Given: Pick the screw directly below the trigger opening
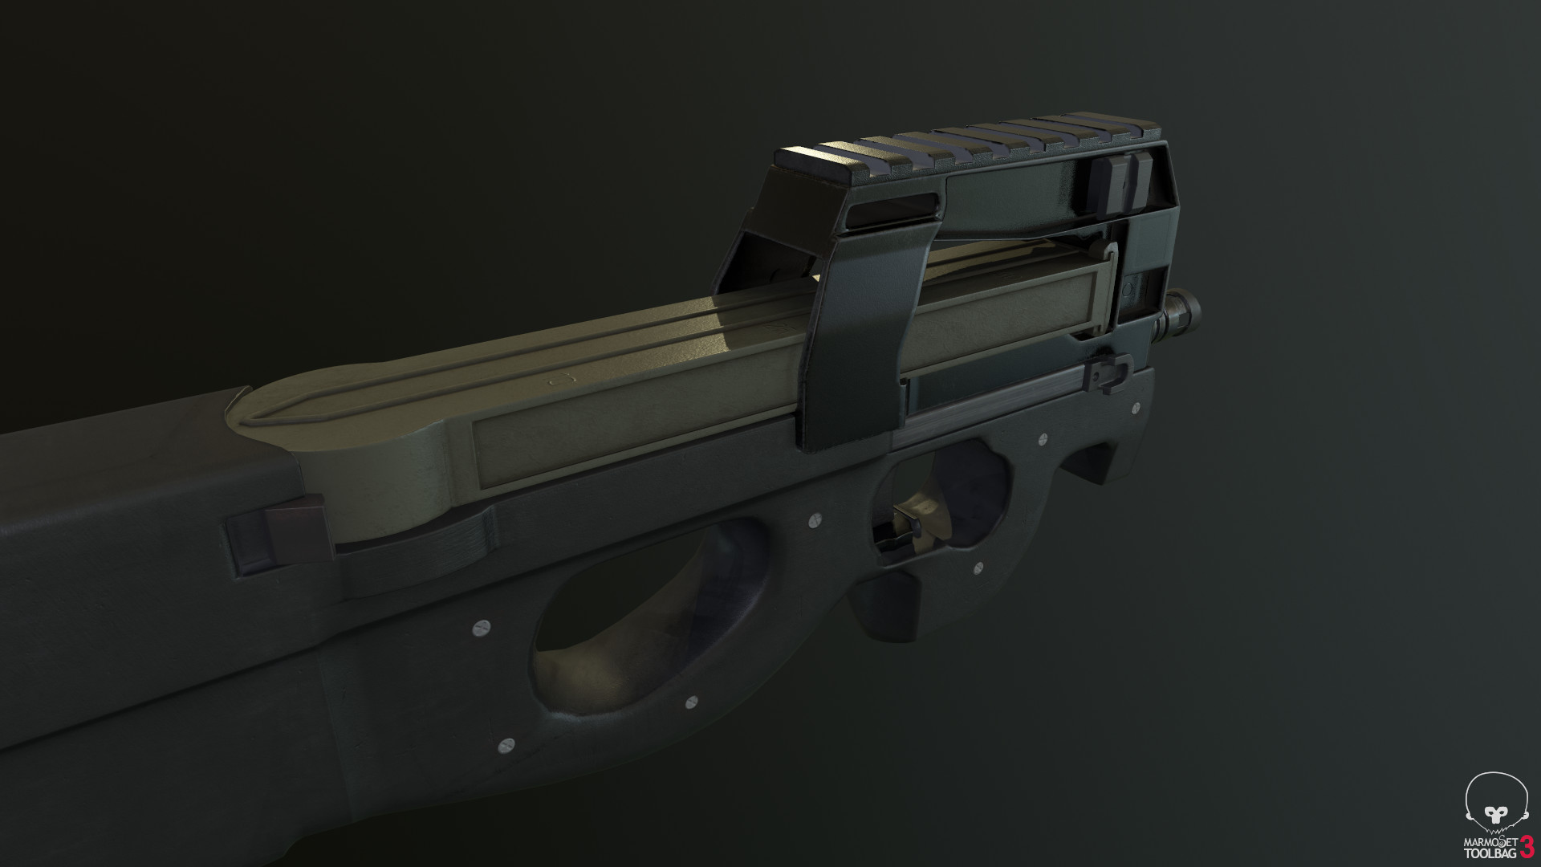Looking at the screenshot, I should pyautogui.click(x=978, y=568).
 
